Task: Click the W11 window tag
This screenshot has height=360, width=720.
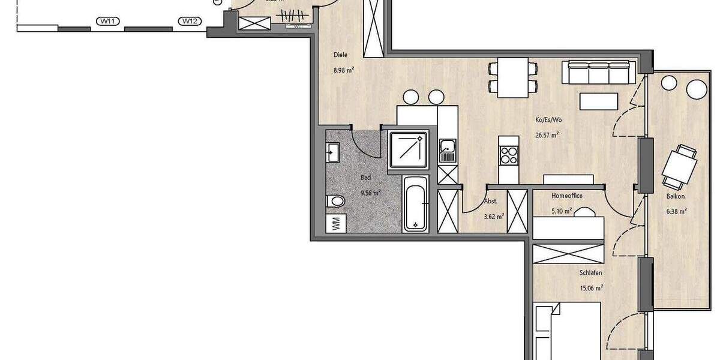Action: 107,22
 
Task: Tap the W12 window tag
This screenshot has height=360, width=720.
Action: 190,22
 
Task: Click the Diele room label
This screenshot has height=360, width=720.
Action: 340,55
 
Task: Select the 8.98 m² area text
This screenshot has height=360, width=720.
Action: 344,70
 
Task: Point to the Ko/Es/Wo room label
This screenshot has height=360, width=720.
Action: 548,120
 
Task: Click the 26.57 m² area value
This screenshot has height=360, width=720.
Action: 547,136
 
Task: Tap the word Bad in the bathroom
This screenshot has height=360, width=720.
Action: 365,178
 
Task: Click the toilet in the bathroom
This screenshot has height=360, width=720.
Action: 337,201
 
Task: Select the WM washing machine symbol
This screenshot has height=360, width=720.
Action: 334,223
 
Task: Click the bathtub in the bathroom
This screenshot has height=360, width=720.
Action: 415,204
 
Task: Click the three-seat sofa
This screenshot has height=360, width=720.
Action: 597,72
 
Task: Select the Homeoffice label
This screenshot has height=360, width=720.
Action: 567,196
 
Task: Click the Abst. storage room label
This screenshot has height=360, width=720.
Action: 491,202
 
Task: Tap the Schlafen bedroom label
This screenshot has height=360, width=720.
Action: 590,273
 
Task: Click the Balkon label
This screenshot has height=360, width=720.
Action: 675,196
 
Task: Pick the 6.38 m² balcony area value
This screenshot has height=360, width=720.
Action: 676,211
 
